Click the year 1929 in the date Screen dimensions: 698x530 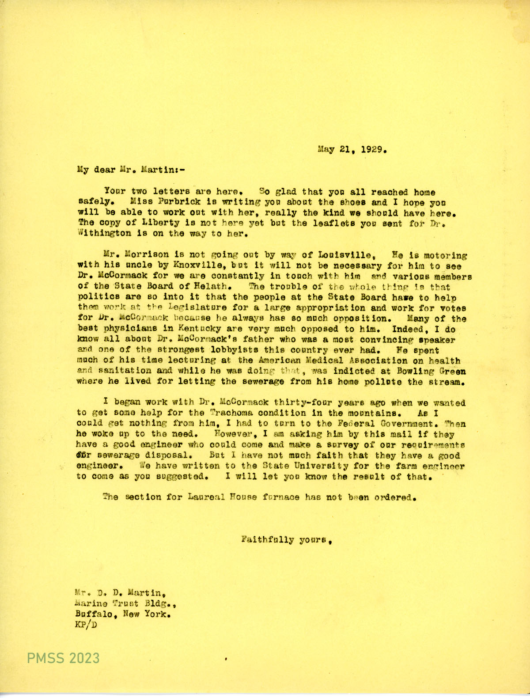pos(373,149)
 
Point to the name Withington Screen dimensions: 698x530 pos(97,234)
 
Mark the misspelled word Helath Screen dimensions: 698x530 pos(211,287)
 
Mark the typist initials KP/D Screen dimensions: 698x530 pos(87,625)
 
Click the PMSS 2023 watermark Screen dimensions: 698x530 pos(63,658)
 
